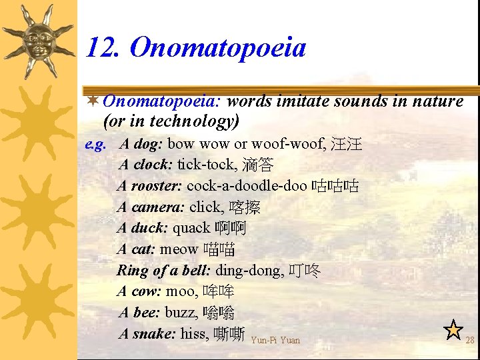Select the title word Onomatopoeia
217,48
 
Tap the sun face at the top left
38,41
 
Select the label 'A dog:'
141,144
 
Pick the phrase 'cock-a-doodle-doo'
247,186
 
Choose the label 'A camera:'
151,207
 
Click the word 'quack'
191,229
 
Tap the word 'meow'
179,249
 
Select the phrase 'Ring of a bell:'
163,271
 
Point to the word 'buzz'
181,313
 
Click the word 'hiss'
194,333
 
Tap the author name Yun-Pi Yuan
276,340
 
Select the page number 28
469,340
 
